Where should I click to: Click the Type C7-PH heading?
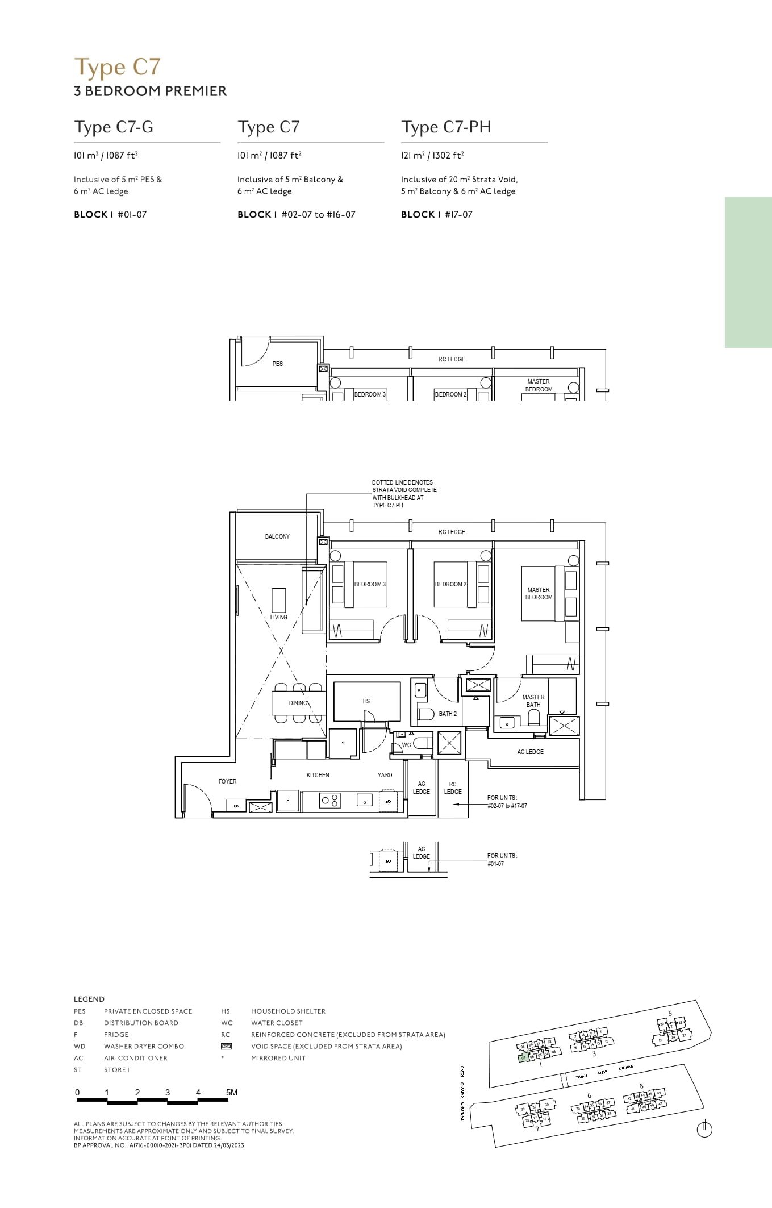click(x=446, y=127)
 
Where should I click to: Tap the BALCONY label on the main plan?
click(x=277, y=536)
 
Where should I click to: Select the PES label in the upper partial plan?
click(x=277, y=364)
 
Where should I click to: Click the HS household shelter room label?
click(x=366, y=701)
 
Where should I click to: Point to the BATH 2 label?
click(x=447, y=714)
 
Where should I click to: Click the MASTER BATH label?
click(x=533, y=701)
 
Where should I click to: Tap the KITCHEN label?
click(x=318, y=775)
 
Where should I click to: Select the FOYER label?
click(x=227, y=781)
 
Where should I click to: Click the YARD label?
click(x=385, y=775)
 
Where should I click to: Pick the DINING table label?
click(x=298, y=703)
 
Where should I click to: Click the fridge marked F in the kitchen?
click(x=288, y=801)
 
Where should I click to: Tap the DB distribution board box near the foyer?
click(x=236, y=806)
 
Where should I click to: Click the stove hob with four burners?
click(x=329, y=801)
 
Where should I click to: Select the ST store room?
click(x=343, y=743)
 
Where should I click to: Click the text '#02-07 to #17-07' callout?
click(x=507, y=806)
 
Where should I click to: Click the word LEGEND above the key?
click(x=89, y=999)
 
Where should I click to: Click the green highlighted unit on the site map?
click(x=524, y=1058)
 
